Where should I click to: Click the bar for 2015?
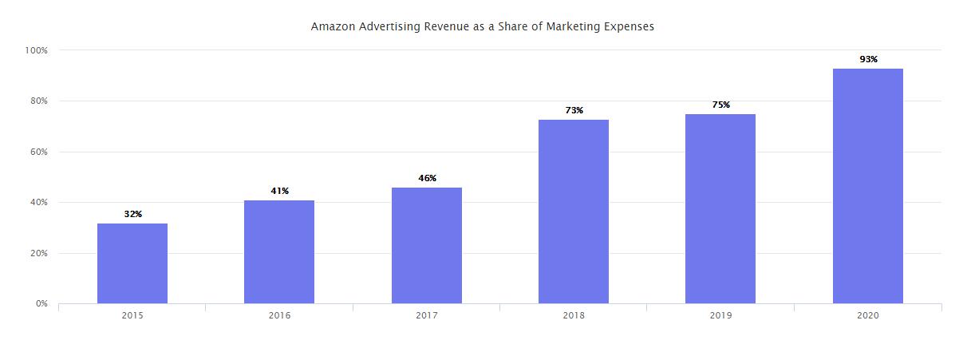click(x=132, y=263)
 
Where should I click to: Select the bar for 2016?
click(x=279, y=251)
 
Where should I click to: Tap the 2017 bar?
click(x=427, y=245)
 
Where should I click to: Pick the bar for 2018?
click(x=574, y=212)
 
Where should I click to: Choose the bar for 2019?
click(x=720, y=208)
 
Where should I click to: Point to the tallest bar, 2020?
click(x=868, y=186)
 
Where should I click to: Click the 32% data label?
click(x=132, y=214)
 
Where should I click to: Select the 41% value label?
click(x=279, y=191)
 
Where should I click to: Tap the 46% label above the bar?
click(x=427, y=178)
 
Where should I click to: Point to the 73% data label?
click(x=574, y=110)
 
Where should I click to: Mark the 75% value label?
click(x=720, y=105)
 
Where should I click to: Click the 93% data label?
click(x=868, y=59)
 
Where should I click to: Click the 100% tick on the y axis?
click(x=37, y=50)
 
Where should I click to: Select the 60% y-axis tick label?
click(x=39, y=152)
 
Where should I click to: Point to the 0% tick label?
click(x=41, y=304)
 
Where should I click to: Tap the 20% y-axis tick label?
click(x=39, y=253)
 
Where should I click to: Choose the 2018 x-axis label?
click(x=574, y=316)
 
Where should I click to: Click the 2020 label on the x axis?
click(x=868, y=316)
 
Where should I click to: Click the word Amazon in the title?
click(x=332, y=26)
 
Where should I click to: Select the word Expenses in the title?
click(x=627, y=26)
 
